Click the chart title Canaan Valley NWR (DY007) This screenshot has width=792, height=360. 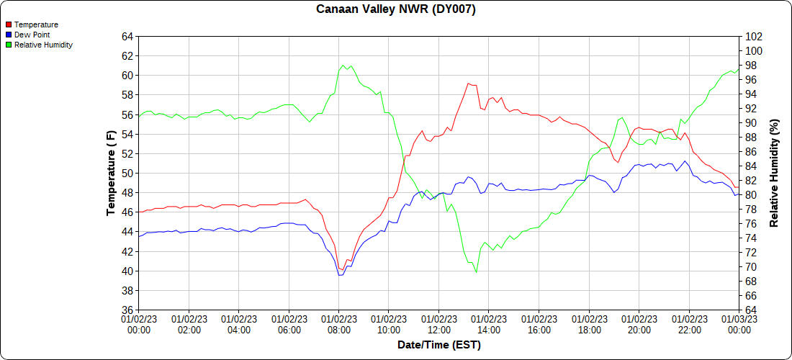(396, 9)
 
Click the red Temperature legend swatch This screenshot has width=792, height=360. (8, 24)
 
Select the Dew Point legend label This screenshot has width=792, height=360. (32, 35)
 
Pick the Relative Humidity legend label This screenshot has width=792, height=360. (43, 45)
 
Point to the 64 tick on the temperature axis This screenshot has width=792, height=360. (127, 37)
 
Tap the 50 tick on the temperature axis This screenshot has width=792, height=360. (127, 174)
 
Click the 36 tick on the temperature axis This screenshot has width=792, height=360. (127, 310)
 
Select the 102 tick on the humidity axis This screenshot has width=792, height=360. (754, 37)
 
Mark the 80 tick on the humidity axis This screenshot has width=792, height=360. (751, 195)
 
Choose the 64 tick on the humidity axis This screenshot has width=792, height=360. (751, 310)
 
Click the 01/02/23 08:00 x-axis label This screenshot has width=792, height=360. (339, 325)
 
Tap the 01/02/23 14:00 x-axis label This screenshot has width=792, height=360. (489, 325)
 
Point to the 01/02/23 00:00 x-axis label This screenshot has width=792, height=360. (139, 325)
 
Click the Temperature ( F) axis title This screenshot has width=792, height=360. (111, 174)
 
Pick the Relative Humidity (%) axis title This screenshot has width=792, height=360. (775, 174)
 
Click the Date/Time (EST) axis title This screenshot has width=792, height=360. (439, 345)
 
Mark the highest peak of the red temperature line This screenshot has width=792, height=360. (468, 84)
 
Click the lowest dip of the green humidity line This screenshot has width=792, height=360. (476, 272)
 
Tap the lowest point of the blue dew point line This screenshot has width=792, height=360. (340, 275)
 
